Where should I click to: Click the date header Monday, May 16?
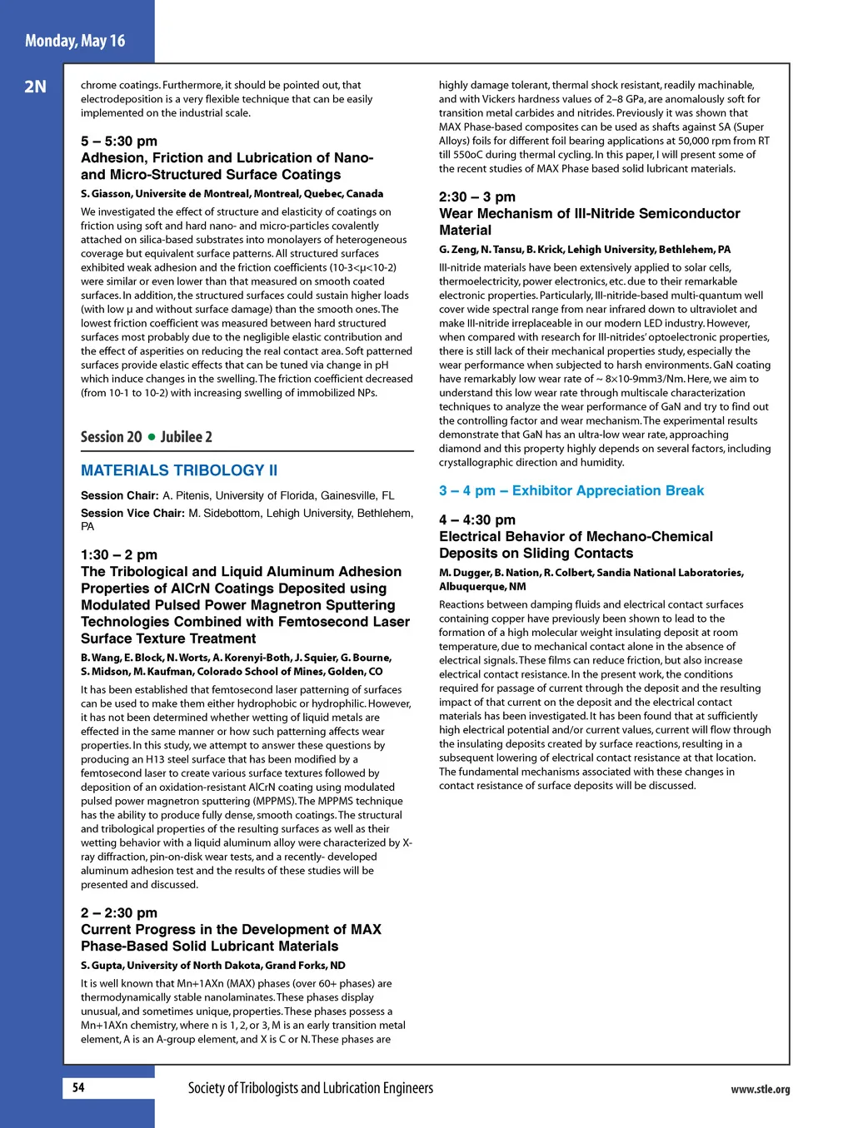pyautogui.click(x=75, y=41)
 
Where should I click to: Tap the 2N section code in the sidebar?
pyautogui.click(x=35, y=87)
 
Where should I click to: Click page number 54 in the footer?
pyautogui.click(x=78, y=1087)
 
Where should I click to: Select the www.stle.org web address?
pyautogui.click(x=760, y=1089)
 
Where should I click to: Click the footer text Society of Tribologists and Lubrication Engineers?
pyautogui.click(x=310, y=1088)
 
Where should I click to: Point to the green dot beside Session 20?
pyautogui.click(x=152, y=437)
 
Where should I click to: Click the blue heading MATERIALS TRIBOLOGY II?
pyautogui.click(x=179, y=470)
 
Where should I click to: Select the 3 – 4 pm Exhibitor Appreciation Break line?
pyautogui.click(x=571, y=491)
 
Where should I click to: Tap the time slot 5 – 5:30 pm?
pyautogui.click(x=119, y=142)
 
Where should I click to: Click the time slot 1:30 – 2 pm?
pyautogui.click(x=119, y=555)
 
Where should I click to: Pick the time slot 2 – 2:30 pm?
pyautogui.click(x=119, y=913)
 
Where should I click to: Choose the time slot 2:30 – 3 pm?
pyautogui.click(x=477, y=197)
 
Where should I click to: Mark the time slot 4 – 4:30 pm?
pyautogui.click(x=477, y=520)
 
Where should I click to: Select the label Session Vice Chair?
pyautogui.click(x=132, y=514)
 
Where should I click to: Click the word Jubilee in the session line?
pyautogui.click(x=181, y=437)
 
